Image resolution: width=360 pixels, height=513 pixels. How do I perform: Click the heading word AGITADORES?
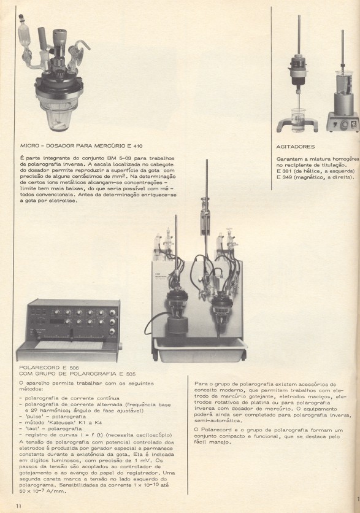pos(296,147)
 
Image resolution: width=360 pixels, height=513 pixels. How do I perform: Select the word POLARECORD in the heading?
pos(39,368)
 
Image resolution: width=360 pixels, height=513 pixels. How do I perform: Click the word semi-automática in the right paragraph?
pos(210,420)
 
